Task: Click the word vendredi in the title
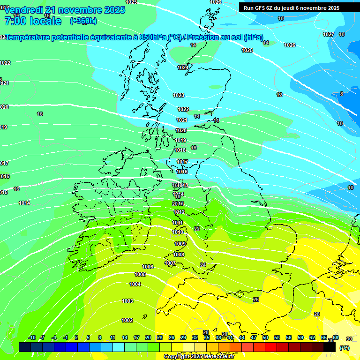23,10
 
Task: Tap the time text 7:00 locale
33,21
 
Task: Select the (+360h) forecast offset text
83,21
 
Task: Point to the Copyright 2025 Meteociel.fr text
199,357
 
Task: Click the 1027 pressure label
329,35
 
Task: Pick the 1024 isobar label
183,68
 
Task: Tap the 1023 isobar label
179,95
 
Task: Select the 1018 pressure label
180,150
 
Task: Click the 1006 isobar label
148,267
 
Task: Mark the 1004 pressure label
135,285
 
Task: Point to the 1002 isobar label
127,321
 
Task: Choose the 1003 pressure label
127,301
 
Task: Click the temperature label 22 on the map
197,229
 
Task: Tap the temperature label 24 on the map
203,265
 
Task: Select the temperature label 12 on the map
279,95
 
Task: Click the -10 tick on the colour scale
32,338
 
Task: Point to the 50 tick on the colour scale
265,338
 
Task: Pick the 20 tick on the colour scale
148,338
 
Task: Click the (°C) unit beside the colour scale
344,348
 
